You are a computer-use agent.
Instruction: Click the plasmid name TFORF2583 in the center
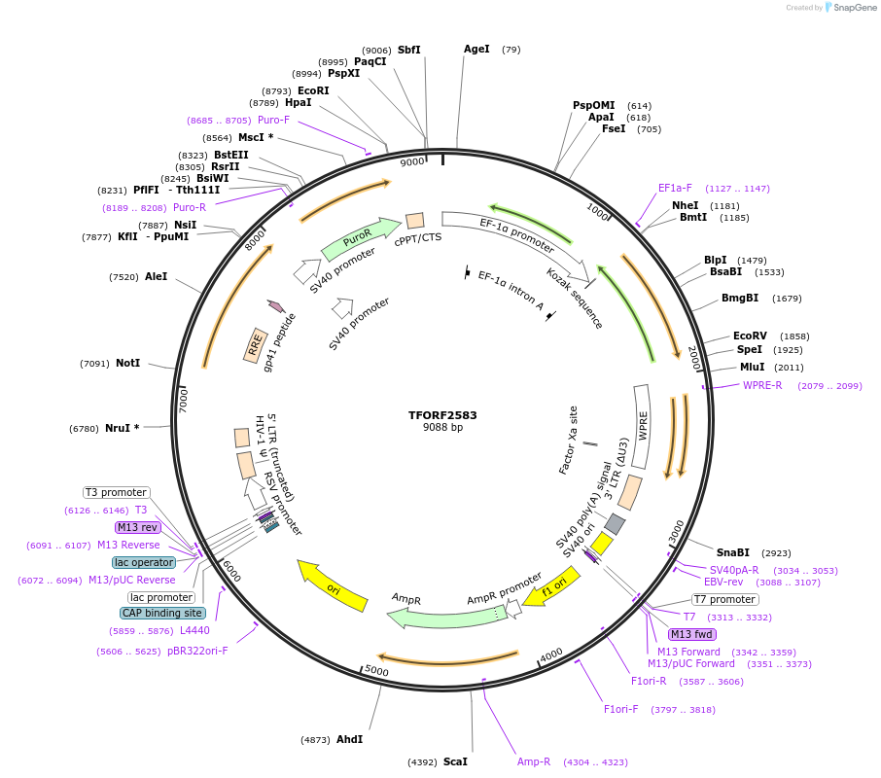pyautogui.click(x=442, y=414)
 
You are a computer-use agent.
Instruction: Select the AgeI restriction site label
pyautogui.click(x=476, y=49)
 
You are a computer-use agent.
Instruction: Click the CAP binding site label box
pyautogui.click(x=162, y=613)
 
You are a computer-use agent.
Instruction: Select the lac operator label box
pyautogui.click(x=144, y=562)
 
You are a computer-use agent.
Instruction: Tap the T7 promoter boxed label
pyautogui.click(x=724, y=599)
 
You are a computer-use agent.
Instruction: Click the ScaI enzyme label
pyautogui.click(x=455, y=762)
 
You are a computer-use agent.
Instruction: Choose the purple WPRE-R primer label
pyautogui.click(x=762, y=385)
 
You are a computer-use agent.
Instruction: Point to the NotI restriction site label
pyautogui.click(x=127, y=363)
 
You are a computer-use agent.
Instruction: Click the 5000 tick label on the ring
pyautogui.click(x=376, y=671)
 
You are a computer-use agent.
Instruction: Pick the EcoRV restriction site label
pyautogui.click(x=750, y=336)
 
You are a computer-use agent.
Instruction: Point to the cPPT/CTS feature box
pyautogui.click(x=415, y=221)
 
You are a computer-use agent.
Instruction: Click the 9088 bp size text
pyautogui.click(x=442, y=427)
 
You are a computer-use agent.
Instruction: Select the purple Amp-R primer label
pyautogui.click(x=534, y=761)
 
